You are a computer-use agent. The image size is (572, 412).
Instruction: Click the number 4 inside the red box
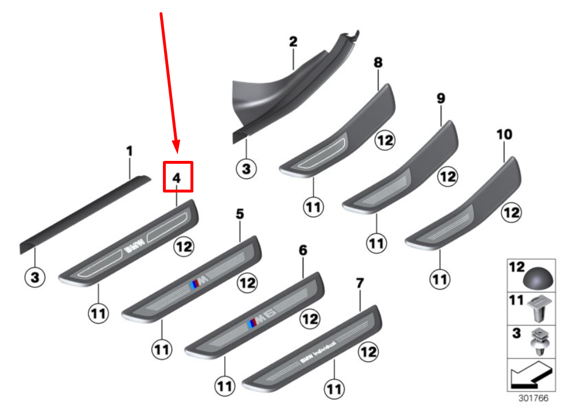(x=177, y=178)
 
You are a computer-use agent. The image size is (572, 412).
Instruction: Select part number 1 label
(x=130, y=152)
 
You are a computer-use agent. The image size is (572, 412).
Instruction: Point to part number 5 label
(x=240, y=214)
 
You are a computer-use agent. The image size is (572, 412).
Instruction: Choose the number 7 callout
(x=360, y=283)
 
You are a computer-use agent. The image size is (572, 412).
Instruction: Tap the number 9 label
(x=441, y=98)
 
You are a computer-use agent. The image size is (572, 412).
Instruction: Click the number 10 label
(x=504, y=134)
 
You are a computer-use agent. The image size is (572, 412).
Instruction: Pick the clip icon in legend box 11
(x=539, y=309)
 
